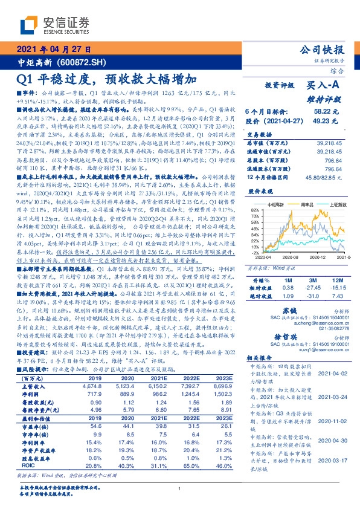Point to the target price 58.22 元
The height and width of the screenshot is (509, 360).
(x=332, y=112)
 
